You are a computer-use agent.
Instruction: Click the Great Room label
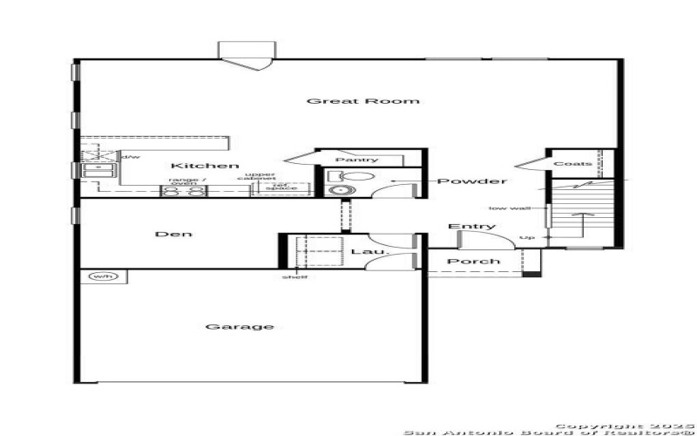362,101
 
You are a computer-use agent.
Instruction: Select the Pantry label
356,160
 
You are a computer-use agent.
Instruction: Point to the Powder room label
471,181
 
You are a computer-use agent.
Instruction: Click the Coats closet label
572,163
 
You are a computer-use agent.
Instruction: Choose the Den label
173,234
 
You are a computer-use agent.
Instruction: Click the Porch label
474,261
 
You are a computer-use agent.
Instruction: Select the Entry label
471,227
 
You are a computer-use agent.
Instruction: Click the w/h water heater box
103,276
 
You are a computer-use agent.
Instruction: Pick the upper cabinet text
261,177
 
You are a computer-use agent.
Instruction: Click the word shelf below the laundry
294,277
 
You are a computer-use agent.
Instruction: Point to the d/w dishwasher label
131,157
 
